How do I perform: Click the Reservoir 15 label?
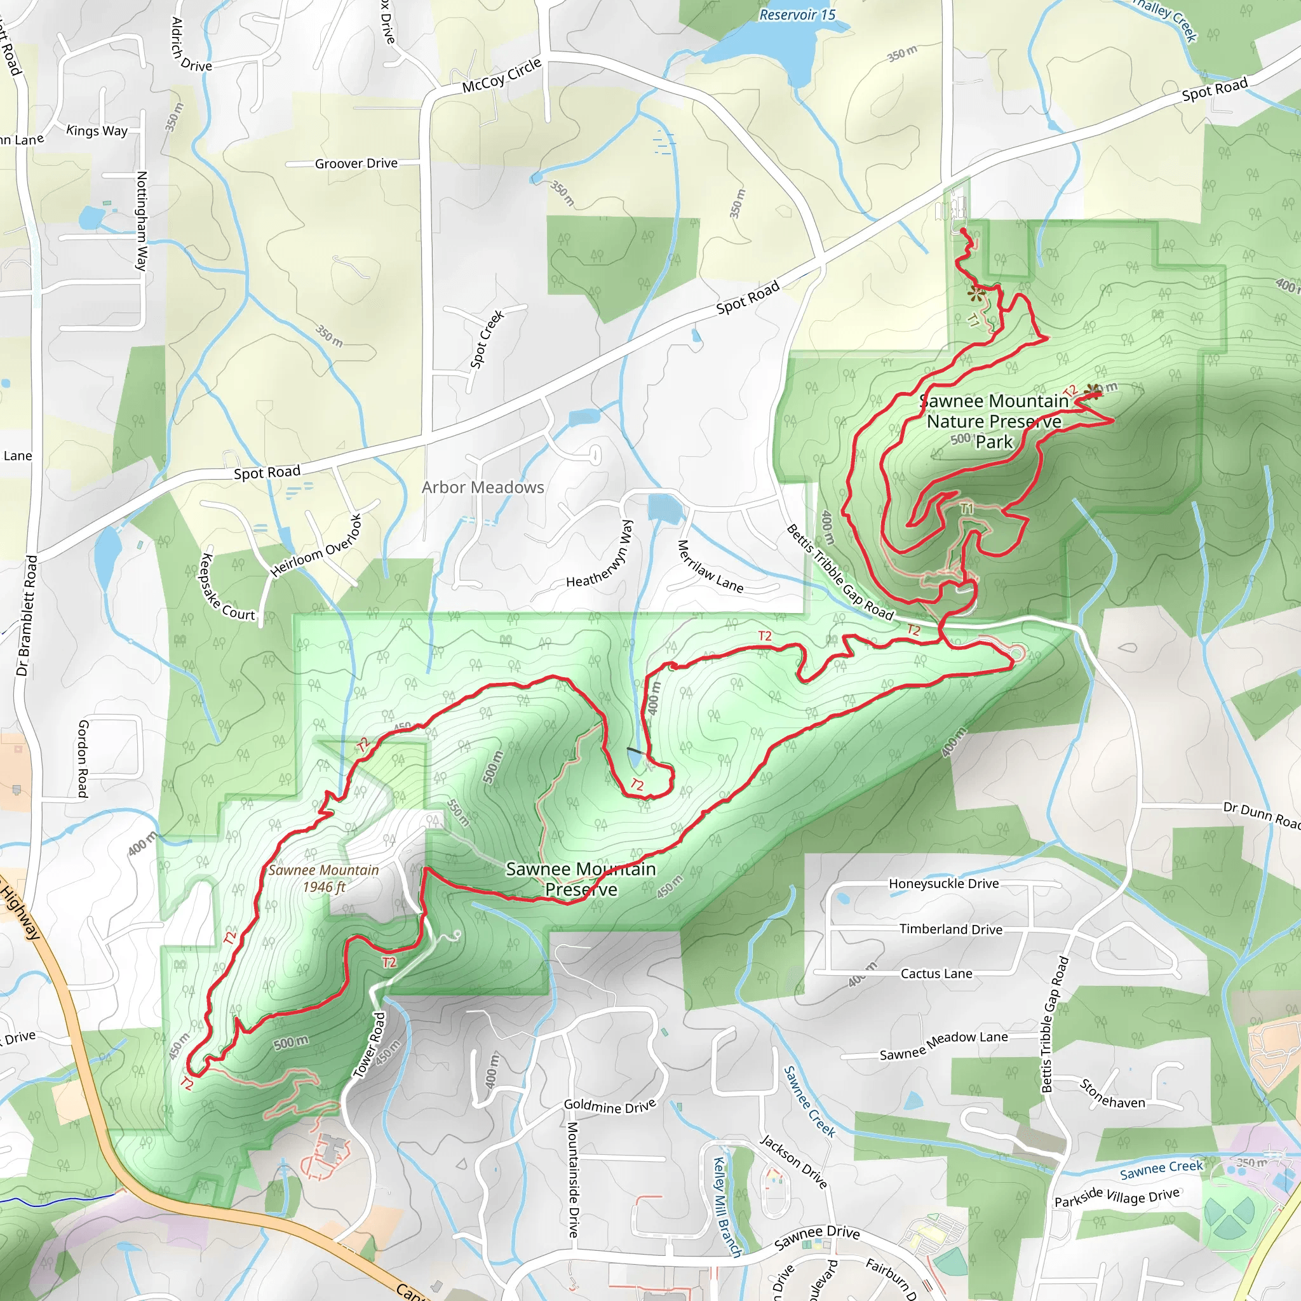coord(797,14)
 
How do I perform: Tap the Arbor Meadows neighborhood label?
coord(482,487)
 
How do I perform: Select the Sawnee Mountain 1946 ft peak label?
coord(323,878)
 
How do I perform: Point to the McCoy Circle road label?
coord(501,75)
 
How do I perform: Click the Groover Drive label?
coord(356,163)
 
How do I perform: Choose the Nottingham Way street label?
coord(142,220)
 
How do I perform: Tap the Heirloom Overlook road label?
coord(316,546)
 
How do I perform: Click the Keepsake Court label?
coord(227,586)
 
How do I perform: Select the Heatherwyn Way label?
coord(599,553)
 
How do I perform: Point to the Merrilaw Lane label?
coord(710,567)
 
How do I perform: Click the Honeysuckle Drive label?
coord(943,884)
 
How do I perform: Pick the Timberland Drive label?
coord(950,929)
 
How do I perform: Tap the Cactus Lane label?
coord(936,974)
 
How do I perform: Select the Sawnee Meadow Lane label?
coord(943,1045)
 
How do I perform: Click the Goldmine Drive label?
coord(609,1106)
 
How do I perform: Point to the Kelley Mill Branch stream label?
coord(727,1207)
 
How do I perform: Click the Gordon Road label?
coord(83,758)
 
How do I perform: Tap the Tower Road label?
coord(369,1045)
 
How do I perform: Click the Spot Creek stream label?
coord(487,339)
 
